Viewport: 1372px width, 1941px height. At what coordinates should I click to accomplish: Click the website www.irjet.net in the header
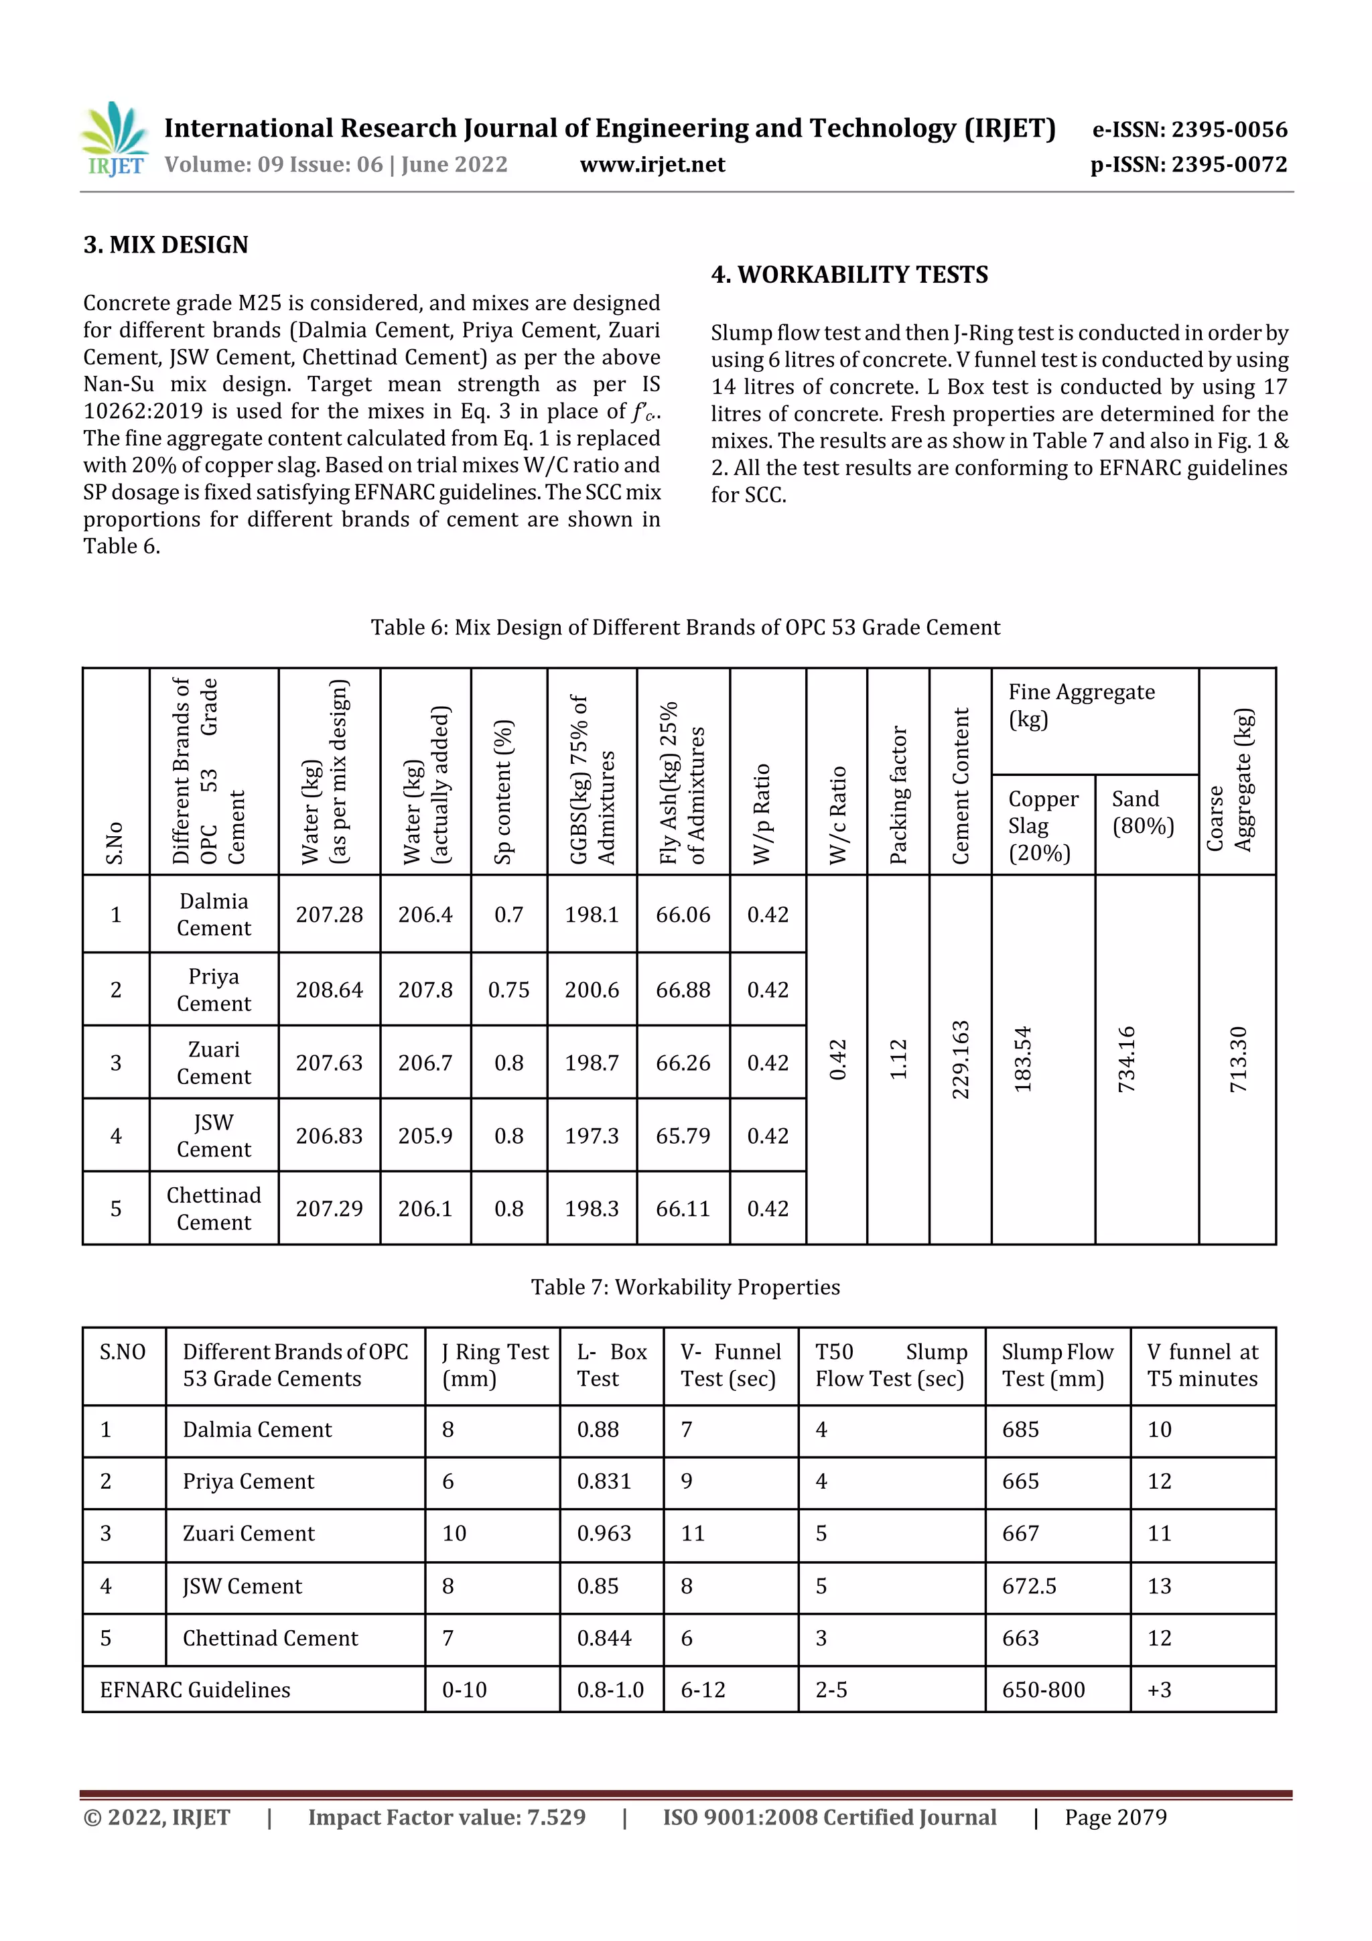click(x=652, y=165)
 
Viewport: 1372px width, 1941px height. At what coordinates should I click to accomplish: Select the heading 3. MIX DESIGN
click(x=165, y=245)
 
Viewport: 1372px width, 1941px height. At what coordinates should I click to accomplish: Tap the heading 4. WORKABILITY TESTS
click(x=849, y=275)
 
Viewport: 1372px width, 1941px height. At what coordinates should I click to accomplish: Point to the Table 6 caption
click(x=685, y=627)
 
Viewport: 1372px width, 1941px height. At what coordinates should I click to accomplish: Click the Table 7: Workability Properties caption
click(x=685, y=1286)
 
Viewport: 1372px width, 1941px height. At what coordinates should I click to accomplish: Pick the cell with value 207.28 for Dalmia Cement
click(x=329, y=915)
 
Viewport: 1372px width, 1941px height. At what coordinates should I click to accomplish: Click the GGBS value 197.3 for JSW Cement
click(x=591, y=1136)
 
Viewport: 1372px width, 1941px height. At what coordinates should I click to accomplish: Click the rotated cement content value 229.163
click(x=960, y=1060)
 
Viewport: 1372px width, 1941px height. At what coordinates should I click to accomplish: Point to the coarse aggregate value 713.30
click(x=1237, y=1060)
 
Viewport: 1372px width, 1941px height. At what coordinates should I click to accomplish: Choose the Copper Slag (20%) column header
click(x=1042, y=825)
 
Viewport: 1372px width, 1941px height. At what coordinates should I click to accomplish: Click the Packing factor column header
click(x=898, y=795)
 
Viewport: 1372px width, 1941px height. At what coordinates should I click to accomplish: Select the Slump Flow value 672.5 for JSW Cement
click(x=1029, y=1586)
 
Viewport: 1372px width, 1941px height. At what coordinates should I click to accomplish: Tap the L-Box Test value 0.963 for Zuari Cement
click(x=604, y=1534)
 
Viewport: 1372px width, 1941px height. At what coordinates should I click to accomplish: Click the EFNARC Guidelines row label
click(x=195, y=1690)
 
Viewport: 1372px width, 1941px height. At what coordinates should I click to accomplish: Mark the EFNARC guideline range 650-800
click(x=1043, y=1690)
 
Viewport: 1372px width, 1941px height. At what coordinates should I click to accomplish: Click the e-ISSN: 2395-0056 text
click(x=1189, y=130)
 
